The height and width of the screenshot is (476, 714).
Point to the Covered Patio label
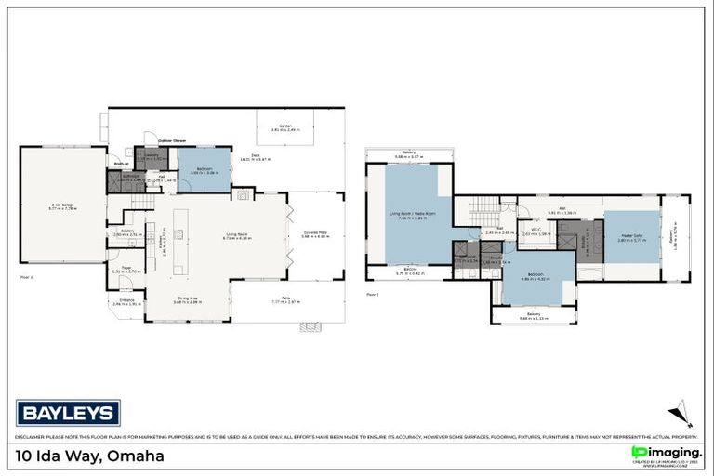(316, 235)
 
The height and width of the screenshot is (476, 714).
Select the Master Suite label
(631, 237)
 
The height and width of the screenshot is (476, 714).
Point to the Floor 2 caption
(372, 294)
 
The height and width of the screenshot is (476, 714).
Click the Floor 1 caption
(26, 277)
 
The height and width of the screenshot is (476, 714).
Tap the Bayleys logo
(68, 412)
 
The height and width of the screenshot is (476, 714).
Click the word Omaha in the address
(136, 456)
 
